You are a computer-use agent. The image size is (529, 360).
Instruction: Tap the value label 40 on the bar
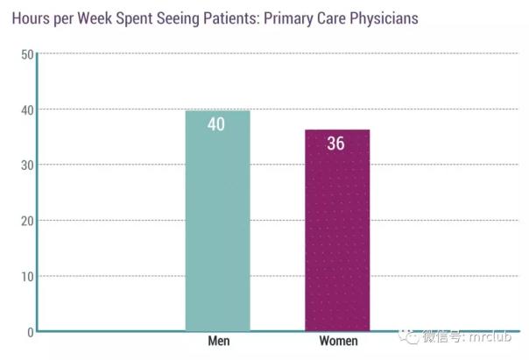[x=216, y=124]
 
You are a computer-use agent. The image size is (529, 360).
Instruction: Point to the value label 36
[x=336, y=144]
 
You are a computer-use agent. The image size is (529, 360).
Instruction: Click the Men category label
[x=218, y=341]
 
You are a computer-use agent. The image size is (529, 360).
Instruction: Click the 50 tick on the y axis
[x=26, y=54]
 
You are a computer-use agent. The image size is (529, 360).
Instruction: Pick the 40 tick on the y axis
[x=26, y=109]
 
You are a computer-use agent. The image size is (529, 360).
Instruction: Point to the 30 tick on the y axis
[x=26, y=165]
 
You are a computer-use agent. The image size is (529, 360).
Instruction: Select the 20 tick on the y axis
[x=26, y=221]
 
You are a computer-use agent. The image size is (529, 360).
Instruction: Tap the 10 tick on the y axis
[x=26, y=276]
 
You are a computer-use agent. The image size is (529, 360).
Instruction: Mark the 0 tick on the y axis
[x=30, y=331]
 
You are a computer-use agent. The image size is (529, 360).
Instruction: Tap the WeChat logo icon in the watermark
[x=407, y=336]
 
